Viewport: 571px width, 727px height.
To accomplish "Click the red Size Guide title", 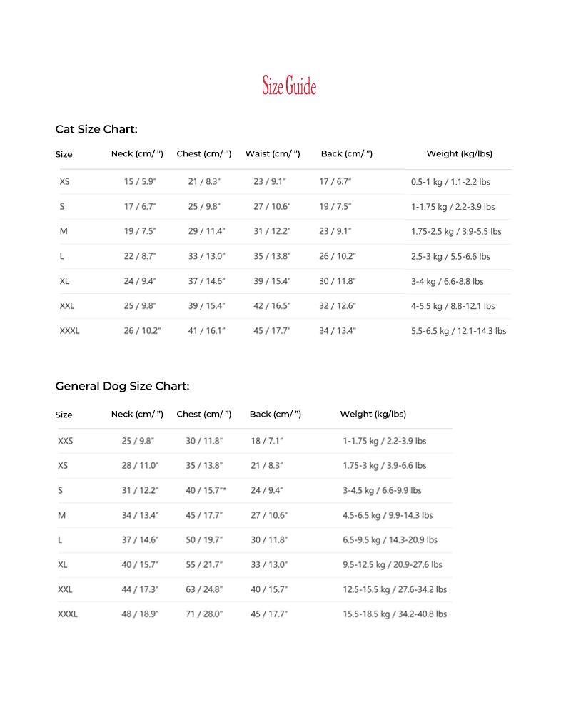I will coord(288,86).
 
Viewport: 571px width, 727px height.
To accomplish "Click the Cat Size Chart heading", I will coord(96,129).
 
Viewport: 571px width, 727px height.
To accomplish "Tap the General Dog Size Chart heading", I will coord(122,386).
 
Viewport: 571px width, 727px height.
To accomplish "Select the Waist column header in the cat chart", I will coord(272,153).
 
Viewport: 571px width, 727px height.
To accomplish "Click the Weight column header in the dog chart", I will coord(373,414).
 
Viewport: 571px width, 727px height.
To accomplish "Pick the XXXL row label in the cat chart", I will coord(69,331).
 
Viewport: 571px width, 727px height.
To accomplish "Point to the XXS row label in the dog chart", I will coord(65,441).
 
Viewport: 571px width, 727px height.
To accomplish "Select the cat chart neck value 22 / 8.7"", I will coord(140,256).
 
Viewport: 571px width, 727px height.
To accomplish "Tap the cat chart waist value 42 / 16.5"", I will coord(272,306).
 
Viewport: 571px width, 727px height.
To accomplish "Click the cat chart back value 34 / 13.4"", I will coord(337,331).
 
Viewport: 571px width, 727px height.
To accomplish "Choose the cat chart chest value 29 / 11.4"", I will coord(206,231).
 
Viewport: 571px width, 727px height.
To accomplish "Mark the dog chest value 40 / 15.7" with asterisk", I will coord(206,490).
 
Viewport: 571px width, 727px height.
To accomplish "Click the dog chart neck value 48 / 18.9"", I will coord(140,614).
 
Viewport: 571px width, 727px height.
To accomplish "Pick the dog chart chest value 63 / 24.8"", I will coord(204,590).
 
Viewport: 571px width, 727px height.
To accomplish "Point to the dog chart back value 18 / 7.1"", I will coord(267,441).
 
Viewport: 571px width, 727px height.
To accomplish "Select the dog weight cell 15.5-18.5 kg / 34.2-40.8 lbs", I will coord(395,614).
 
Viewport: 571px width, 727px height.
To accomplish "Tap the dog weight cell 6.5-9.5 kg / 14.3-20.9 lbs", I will coord(390,540).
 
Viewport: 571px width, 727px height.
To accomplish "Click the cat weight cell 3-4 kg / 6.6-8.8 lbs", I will coord(447,281).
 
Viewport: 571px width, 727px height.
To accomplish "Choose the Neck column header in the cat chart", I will coord(137,153).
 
